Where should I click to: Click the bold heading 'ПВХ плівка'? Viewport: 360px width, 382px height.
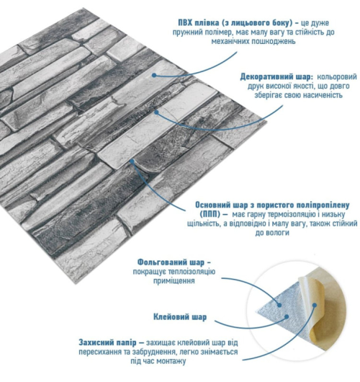point(198,23)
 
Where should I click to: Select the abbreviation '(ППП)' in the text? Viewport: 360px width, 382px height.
point(210,214)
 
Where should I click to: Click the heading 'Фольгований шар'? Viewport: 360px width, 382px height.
point(171,262)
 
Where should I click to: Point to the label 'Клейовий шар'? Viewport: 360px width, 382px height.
point(180,317)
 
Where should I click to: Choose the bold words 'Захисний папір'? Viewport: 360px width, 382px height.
point(107,342)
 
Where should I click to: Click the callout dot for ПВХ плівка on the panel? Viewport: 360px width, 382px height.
point(154,75)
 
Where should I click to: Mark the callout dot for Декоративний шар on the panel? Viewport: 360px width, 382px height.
point(157,112)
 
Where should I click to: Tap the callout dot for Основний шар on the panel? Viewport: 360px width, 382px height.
point(132,161)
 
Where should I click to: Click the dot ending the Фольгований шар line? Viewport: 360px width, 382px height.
point(279,305)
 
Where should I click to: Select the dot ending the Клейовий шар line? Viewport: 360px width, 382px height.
point(287,316)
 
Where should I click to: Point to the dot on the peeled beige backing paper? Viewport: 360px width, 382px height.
point(315,305)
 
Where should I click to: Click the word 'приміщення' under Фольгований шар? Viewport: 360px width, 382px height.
point(174,280)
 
